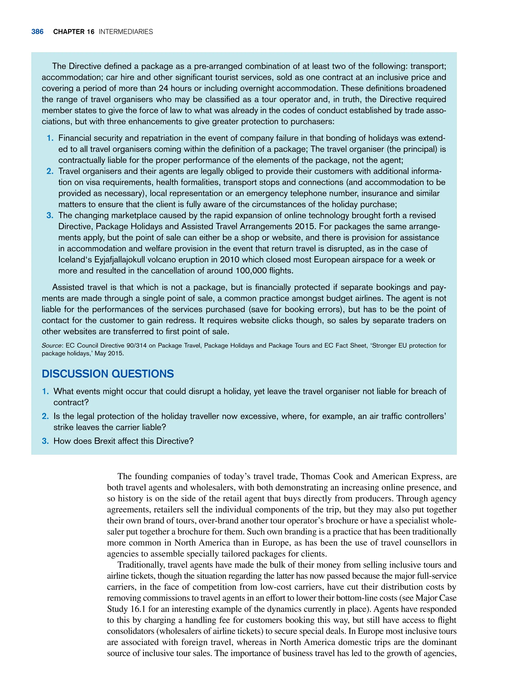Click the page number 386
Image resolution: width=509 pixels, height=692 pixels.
point(37,32)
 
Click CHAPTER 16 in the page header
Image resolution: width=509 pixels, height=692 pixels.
point(74,32)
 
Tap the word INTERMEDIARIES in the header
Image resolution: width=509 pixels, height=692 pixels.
point(126,32)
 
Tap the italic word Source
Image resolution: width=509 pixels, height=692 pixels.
point(51,346)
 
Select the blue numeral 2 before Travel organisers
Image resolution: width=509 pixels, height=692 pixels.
point(50,171)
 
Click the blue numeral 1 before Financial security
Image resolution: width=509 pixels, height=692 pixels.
point(50,138)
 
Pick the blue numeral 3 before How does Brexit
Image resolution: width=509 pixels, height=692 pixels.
point(45,441)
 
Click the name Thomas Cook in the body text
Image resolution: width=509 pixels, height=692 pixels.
point(327,476)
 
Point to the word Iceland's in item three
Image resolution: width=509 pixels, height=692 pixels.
point(75,260)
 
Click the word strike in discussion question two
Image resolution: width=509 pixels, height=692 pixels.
point(63,427)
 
